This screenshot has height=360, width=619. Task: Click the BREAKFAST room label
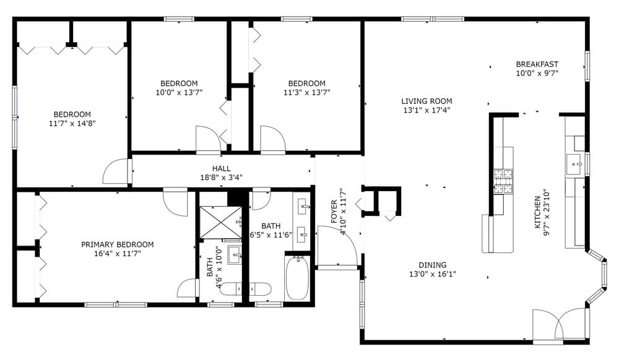[537, 64]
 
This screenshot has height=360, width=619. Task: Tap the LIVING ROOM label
[426, 101]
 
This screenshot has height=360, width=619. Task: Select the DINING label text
[432, 265]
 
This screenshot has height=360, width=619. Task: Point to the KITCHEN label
[537, 212]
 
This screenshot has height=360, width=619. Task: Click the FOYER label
[334, 212]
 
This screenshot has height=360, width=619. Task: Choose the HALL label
[221, 168]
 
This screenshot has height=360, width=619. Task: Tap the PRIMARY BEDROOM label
[117, 244]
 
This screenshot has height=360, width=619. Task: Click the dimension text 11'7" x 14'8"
[72, 124]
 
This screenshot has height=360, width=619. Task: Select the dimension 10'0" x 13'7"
[179, 93]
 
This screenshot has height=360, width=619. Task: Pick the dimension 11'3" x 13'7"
[307, 93]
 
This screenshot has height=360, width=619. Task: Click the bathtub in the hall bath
[297, 278]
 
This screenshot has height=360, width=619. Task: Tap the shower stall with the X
[220, 223]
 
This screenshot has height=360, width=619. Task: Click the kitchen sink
[574, 165]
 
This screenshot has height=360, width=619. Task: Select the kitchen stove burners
[503, 182]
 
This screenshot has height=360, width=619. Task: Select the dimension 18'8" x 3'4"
[221, 178]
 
